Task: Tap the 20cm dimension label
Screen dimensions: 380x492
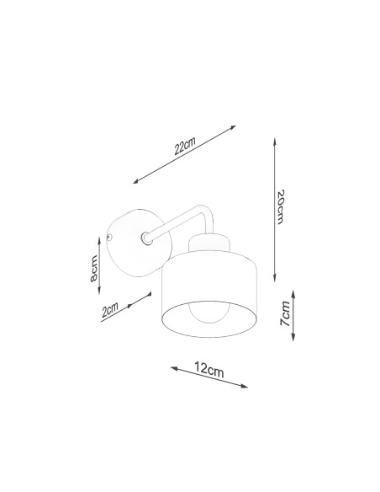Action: [x=280, y=206]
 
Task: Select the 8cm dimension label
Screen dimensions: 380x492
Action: [x=93, y=268]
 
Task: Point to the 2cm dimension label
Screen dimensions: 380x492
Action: [x=110, y=309]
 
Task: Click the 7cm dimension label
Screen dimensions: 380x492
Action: [x=285, y=313]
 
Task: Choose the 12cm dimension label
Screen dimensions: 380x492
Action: [x=209, y=369]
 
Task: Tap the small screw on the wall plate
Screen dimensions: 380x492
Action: [x=108, y=238]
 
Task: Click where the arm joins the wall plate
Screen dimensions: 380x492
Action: [x=145, y=238]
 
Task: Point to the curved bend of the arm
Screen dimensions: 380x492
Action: [x=207, y=210]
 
